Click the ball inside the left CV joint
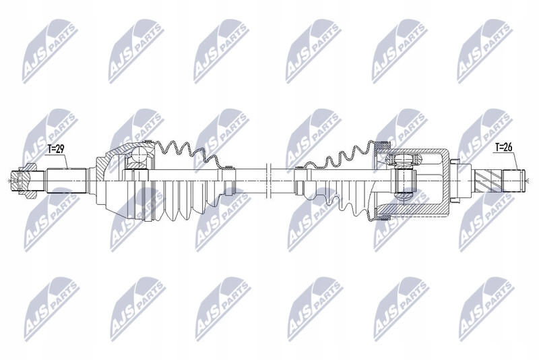tap(139, 157)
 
